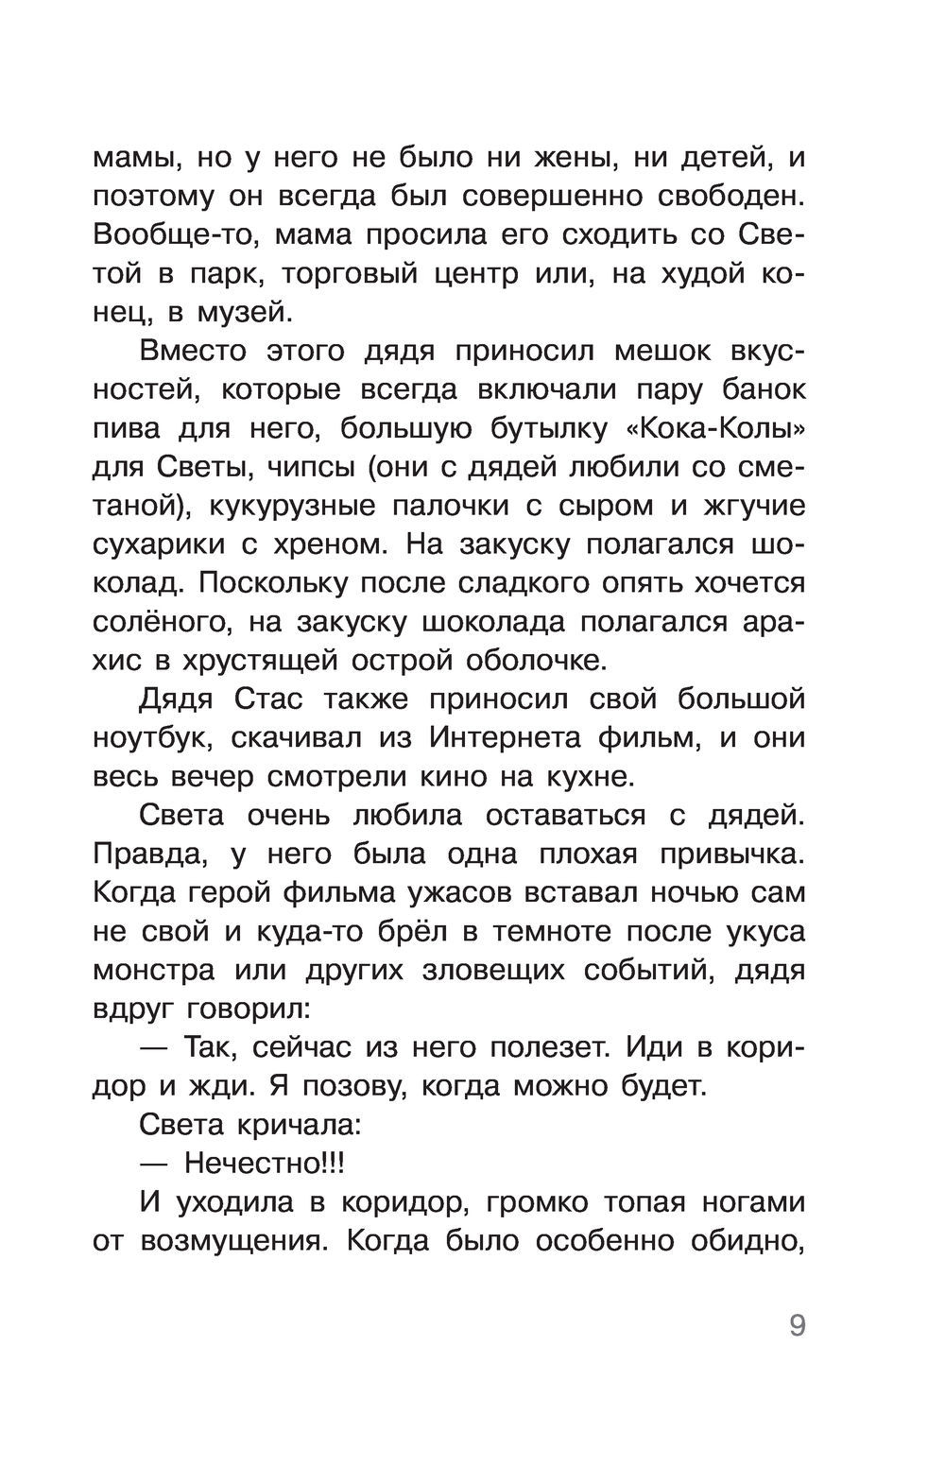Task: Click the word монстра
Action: (162, 970)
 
